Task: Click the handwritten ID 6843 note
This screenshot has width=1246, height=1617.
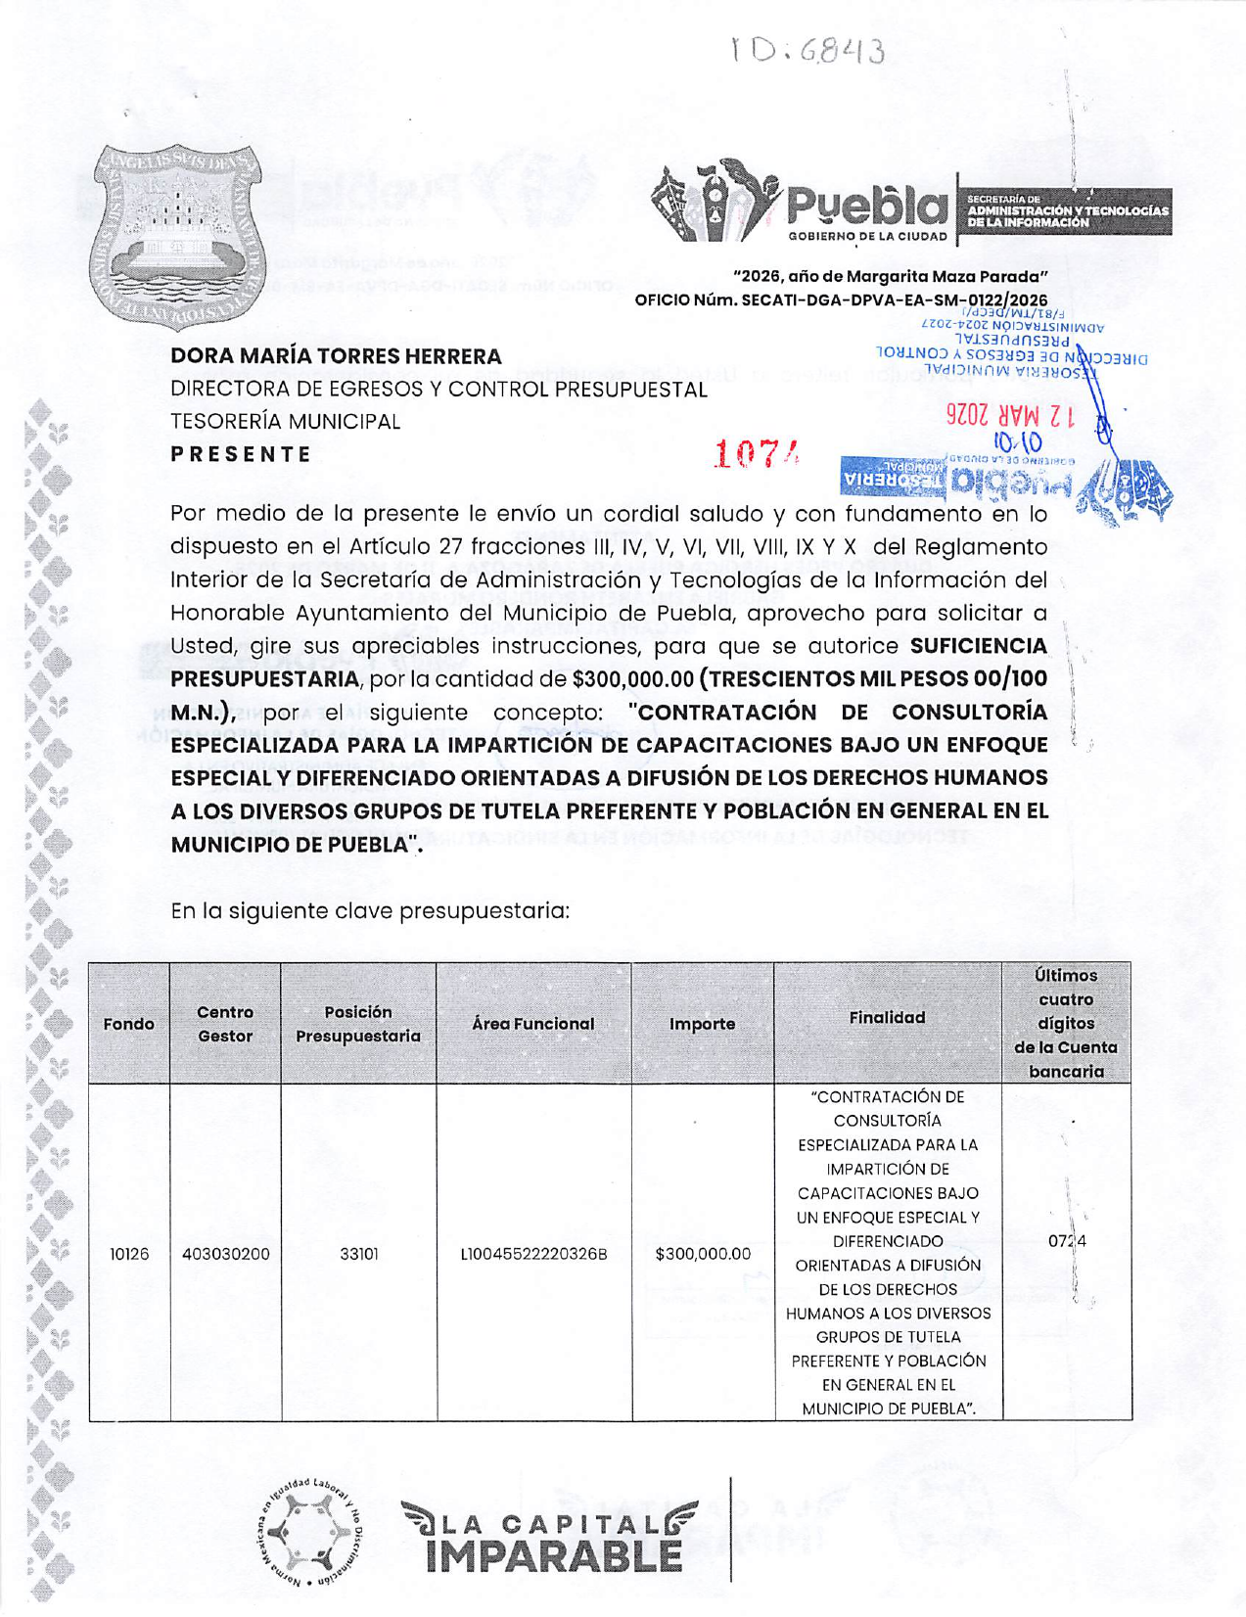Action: click(x=808, y=51)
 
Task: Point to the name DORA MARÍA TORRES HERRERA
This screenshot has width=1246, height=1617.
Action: click(x=336, y=356)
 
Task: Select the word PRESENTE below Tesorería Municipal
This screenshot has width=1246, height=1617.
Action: click(x=241, y=454)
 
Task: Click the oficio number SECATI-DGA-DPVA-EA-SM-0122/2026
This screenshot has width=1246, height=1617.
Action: click(x=841, y=300)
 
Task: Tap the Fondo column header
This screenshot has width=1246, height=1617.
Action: click(x=129, y=1024)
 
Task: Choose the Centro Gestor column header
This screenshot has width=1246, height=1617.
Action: click(x=225, y=1024)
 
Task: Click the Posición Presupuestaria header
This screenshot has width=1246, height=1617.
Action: click(x=358, y=1024)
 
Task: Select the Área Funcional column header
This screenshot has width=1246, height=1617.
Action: click(x=533, y=1024)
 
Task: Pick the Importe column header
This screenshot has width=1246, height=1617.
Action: click(x=702, y=1024)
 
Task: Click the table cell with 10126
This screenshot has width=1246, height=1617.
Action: click(x=129, y=1254)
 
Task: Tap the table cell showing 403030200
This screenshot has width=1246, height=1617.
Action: click(x=225, y=1254)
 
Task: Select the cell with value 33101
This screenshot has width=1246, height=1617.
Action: click(x=358, y=1254)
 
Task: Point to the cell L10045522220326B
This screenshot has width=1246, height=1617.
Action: click(x=533, y=1254)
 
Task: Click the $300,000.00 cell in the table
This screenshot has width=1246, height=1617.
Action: click(x=703, y=1254)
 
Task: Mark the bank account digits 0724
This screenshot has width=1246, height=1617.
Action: click(x=1067, y=1241)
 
